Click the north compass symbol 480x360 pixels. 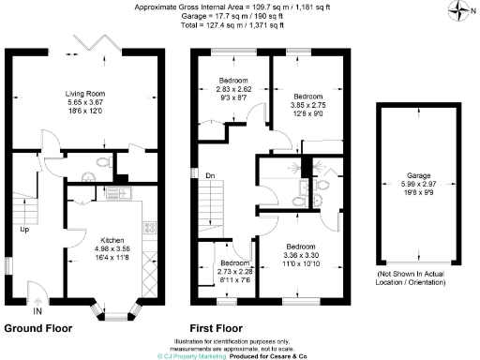click(457, 12)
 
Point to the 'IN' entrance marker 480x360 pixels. click(37, 310)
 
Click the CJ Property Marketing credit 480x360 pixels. click(187, 355)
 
